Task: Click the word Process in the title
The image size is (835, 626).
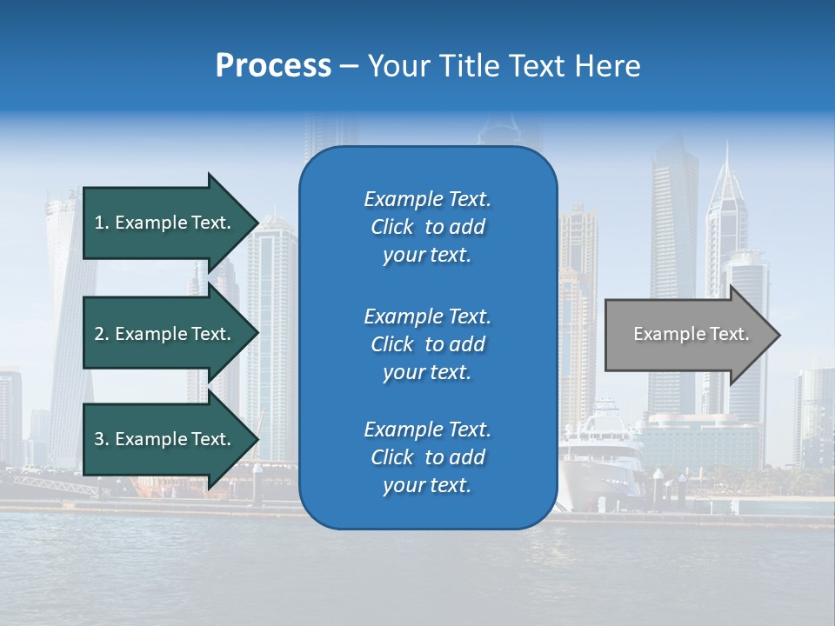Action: tap(273, 66)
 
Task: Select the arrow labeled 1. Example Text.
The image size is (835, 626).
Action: tap(165, 223)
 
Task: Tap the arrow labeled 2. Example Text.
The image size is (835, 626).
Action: tap(165, 334)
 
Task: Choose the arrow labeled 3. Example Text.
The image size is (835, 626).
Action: tap(165, 439)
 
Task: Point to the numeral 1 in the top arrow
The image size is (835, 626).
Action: tap(99, 223)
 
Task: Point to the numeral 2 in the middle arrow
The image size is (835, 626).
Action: tap(99, 334)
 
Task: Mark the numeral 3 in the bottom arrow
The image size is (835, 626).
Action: tap(99, 439)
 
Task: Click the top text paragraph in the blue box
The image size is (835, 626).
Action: tap(427, 227)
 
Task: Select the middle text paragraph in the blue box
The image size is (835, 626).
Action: tap(427, 344)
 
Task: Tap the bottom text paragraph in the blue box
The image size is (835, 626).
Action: tap(427, 457)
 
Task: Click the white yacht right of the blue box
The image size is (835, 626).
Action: tap(600, 452)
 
